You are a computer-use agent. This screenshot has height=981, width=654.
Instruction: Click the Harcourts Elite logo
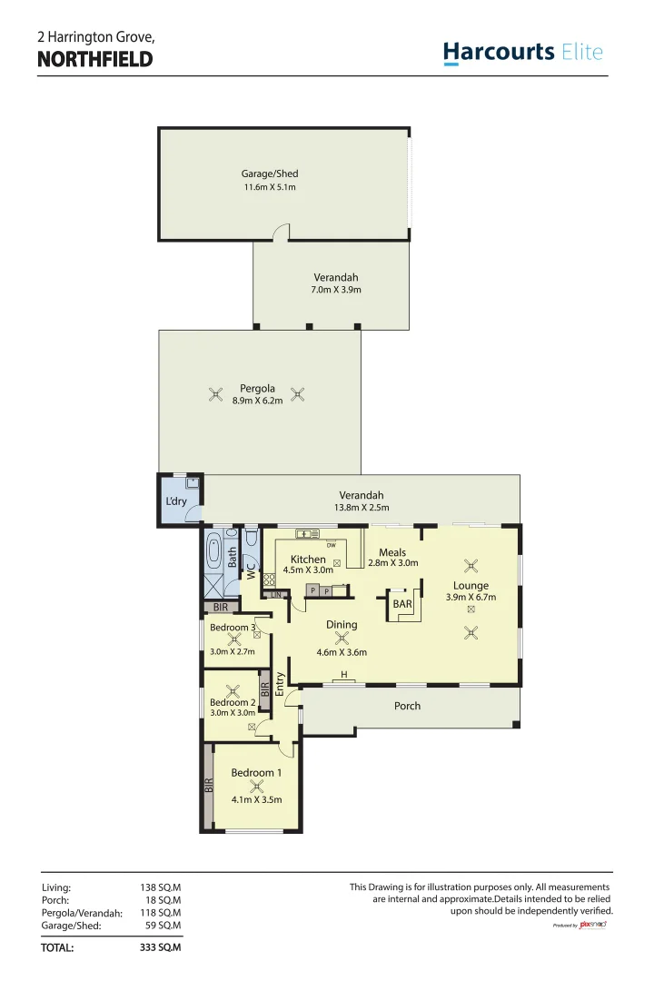pos(522,52)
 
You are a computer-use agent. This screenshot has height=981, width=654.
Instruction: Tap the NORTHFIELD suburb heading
pos(94,60)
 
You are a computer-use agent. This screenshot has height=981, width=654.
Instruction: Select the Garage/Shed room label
pos(269,173)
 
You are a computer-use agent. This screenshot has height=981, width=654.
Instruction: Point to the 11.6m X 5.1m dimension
pos(269,187)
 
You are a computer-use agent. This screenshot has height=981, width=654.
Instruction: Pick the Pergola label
pos(257,389)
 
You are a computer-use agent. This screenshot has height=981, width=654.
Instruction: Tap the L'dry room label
pos(175,501)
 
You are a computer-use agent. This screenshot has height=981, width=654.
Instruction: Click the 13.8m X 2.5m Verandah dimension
pos(362,508)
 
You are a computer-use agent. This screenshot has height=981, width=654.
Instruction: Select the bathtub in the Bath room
pos(213,551)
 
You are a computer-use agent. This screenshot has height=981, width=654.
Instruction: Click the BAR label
pos(402,603)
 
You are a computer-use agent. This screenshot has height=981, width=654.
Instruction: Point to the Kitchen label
pos(308,560)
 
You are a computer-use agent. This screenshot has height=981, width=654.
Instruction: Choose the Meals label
pos(392,552)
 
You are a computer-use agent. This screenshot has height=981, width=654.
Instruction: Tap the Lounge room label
pos(471,586)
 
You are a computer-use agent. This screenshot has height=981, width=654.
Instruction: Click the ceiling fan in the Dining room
pos(342,639)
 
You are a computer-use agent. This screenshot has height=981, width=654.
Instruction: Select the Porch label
pos(408,706)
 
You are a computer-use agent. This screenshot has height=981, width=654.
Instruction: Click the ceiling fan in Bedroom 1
pos(257,787)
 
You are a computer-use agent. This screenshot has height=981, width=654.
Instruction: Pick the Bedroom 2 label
pos(233,702)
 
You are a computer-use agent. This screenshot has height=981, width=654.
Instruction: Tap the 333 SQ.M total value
pos(161,947)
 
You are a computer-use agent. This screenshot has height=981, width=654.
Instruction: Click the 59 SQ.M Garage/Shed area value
pos(163,926)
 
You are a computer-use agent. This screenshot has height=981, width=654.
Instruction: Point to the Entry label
pos(280,684)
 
